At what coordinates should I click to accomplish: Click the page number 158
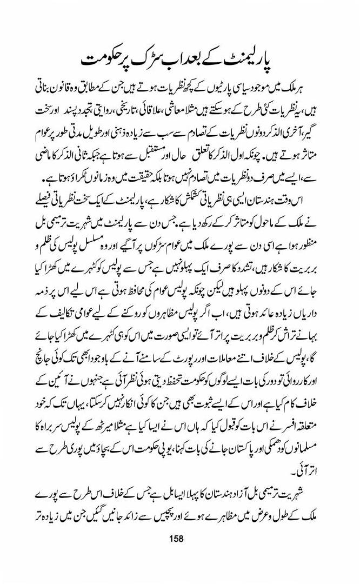click(177, 538)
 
